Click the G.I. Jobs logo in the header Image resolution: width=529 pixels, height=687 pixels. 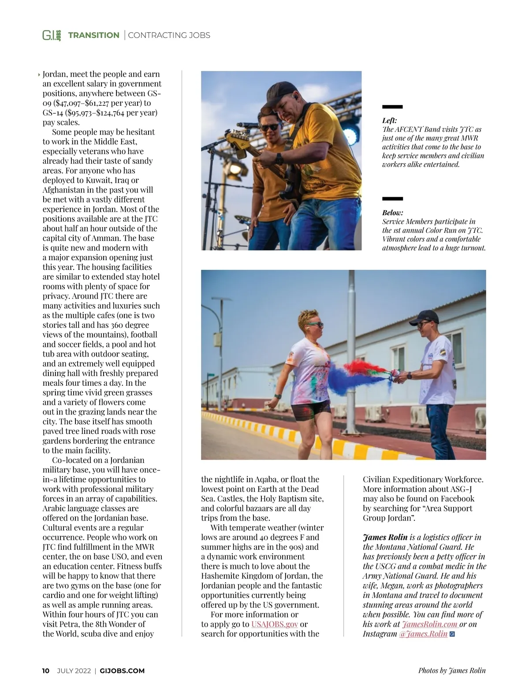tap(52, 35)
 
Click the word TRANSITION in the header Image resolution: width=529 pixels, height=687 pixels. tap(93, 35)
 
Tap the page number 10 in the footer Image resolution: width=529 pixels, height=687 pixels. tap(46, 671)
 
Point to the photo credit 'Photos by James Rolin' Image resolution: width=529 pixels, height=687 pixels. tap(452, 671)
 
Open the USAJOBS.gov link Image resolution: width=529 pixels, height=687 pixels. tap(275, 624)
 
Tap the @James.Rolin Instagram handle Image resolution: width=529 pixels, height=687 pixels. tap(423, 634)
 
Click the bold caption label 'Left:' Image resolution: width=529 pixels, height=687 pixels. tap(389, 120)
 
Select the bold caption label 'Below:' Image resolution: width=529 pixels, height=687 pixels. tap(392, 213)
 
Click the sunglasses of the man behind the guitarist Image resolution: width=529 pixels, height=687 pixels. tap(269, 127)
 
